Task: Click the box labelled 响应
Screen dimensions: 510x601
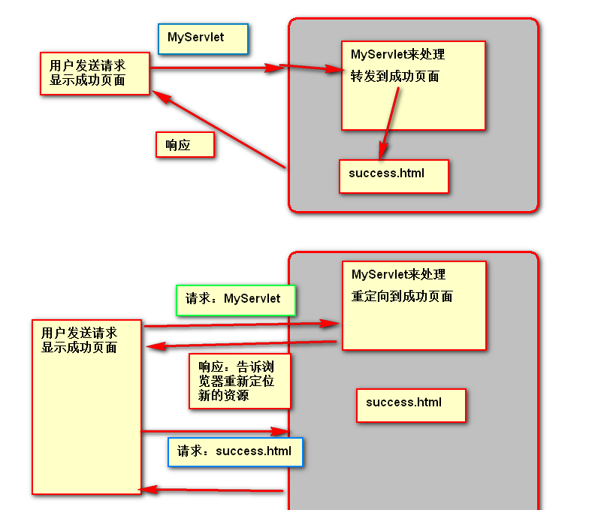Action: click(185, 145)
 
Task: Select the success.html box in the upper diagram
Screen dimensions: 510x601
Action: click(394, 176)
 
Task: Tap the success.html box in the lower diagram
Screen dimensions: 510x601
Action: click(411, 405)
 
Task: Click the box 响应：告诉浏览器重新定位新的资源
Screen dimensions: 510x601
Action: click(239, 381)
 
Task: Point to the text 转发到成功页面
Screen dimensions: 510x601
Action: click(395, 77)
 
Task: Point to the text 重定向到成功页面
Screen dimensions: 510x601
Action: click(402, 297)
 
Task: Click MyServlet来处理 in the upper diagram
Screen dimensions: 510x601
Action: click(398, 55)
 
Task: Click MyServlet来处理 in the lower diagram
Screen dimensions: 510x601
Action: click(398, 275)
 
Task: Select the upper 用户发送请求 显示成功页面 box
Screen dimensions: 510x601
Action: click(95, 73)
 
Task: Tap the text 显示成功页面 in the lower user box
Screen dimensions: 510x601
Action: click(80, 348)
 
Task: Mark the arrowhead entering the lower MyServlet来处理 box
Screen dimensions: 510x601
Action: click(331, 324)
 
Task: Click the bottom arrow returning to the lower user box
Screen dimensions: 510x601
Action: click(210, 490)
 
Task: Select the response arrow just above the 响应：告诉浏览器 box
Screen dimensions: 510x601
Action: click(240, 344)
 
